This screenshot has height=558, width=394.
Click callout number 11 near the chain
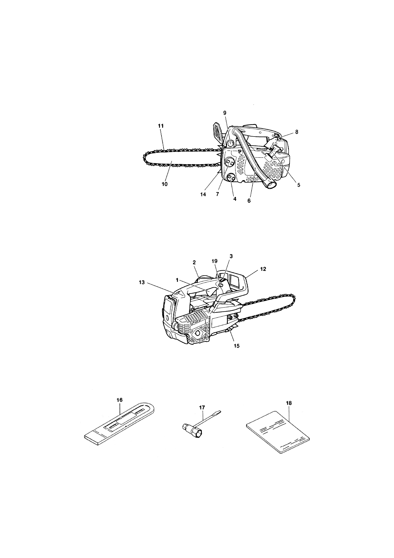tap(161, 126)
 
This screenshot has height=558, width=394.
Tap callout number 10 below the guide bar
tap(165, 184)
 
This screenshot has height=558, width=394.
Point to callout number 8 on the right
tap(297, 132)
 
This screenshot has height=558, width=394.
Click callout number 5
tap(299, 185)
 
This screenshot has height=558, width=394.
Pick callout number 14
tap(203, 194)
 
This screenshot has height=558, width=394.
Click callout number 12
tap(263, 269)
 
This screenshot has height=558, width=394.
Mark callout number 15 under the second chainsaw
tap(236, 346)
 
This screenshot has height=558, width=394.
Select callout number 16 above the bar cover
tap(119, 400)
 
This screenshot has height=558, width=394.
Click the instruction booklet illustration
tap(278, 435)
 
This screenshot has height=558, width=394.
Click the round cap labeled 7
tap(229, 162)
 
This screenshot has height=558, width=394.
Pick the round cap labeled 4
tap(231, 177)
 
